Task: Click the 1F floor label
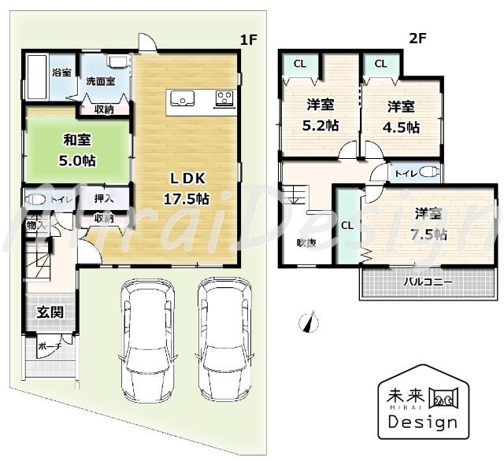coord(250,39)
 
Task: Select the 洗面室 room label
coord(100,80)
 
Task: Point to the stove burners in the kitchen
coord(224,99)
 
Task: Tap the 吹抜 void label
coord(306,243)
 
